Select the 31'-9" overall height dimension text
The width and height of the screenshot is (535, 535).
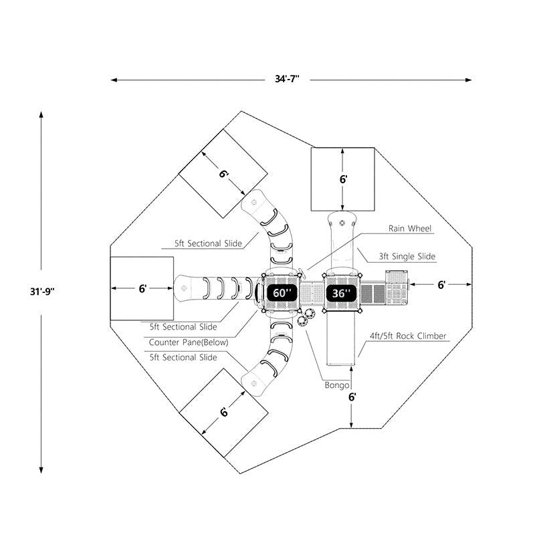point(41,291)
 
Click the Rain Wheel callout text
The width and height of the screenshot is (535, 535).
point(411,229)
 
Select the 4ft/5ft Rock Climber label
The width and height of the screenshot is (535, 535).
point(408,336)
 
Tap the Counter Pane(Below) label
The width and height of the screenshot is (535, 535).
point(189,342)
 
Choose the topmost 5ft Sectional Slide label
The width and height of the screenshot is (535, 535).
point(209,244)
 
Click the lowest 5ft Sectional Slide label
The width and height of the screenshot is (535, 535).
point(183,358)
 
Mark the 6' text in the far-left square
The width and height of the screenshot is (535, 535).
point(142,289)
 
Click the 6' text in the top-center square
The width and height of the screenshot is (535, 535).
point(343,179)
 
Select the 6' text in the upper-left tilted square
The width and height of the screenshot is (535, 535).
point(224,174)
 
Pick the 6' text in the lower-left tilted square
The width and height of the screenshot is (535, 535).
point(224,411)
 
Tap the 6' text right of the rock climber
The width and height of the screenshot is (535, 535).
point(441,285)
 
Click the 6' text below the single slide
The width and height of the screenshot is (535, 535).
point(352,397)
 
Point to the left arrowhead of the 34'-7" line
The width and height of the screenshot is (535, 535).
point(114,80)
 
